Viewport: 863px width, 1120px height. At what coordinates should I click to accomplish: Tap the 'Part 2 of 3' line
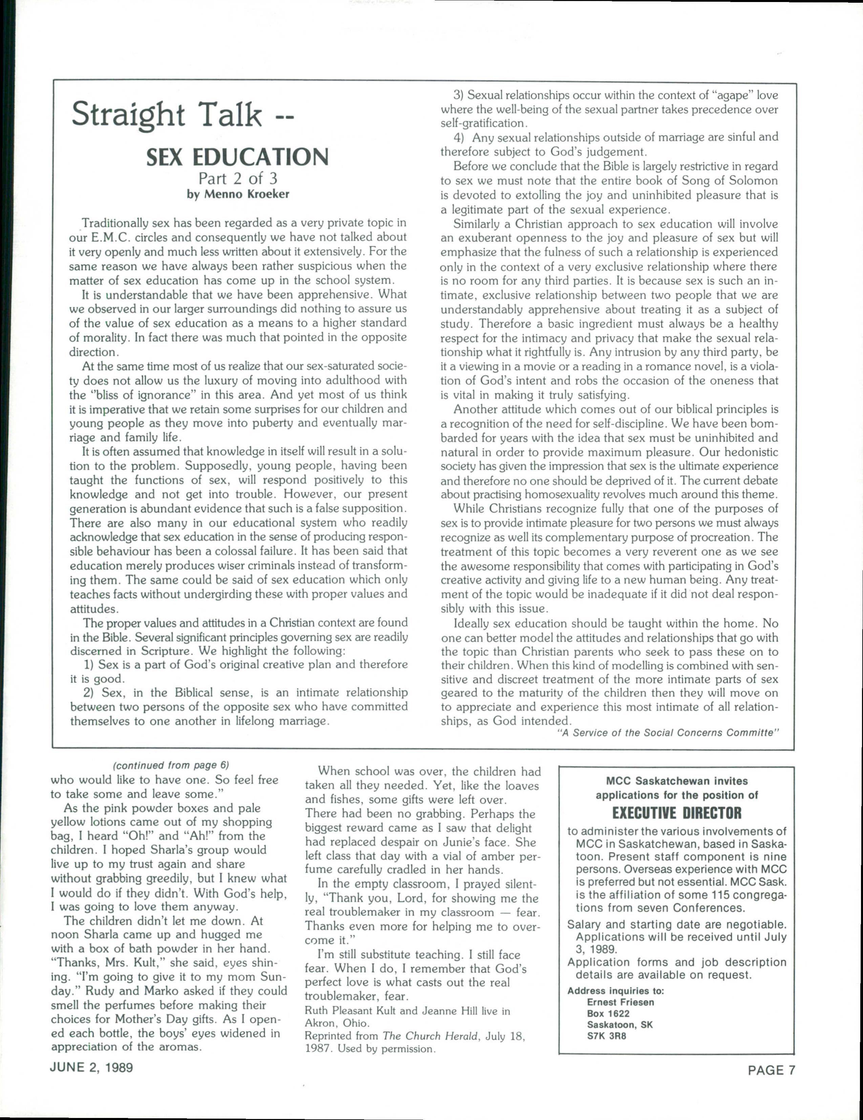pyautogui.click(x=237, y=178)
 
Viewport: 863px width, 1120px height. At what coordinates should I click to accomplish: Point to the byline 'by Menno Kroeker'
pyautogui.click(x=237, y=194)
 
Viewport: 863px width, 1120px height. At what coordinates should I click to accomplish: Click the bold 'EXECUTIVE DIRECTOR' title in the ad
pyautogui.click(x=677, y=813)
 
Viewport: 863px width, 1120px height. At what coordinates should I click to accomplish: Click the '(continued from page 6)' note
pyautogui.click(x=170, y=765)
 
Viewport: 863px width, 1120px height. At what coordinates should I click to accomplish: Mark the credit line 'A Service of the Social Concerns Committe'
pyautogui.click(x=668, y=733)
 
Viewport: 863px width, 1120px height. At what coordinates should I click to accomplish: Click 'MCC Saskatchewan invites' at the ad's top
pyautogui.click(x=677, y=781)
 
